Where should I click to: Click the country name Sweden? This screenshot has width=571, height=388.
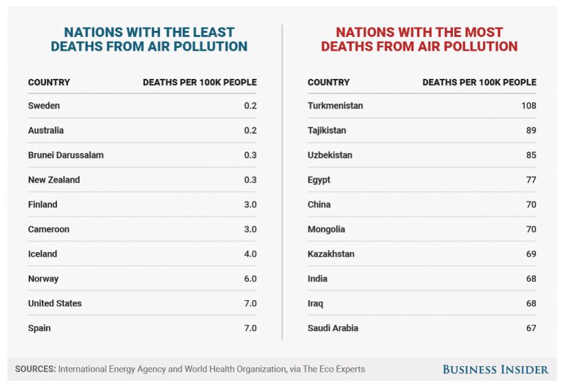click(x=44, y=106)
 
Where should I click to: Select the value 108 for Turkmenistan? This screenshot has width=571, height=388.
click(x=528, y=106)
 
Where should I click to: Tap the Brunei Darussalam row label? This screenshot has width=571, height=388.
click(x=66, y=155)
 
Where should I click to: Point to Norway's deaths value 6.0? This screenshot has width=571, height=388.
click(x=250, y=279)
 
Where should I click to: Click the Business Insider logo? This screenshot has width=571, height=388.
click(x=495, y=369)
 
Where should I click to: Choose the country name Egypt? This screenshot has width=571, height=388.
click(x=319, y=180)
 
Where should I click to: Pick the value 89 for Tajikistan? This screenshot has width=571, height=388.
click(x=530, y=130)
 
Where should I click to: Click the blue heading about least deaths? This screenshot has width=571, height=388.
click(x=149, y=40)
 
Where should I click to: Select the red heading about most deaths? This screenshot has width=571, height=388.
click(x=419, y=40)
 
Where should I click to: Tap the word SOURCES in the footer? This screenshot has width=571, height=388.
click(x=35, y=369)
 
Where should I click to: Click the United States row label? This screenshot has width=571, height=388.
click(x=55, y=304)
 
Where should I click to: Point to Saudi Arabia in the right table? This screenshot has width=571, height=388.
click(x=333, y=328)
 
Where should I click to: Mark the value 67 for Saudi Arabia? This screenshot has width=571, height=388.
click(x=530, y=328)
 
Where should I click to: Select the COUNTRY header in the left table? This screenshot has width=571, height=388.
click(x=49, y=82)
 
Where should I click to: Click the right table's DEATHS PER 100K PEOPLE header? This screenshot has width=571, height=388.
click(x=479, y=82)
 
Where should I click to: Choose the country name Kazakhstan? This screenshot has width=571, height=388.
click(x=331, y=254)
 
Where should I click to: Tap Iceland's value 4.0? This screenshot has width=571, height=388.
click(x=250, y=254)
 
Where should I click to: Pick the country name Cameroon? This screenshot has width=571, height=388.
click(x=49, y=229)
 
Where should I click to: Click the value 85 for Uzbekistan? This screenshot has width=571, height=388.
click(x=530, y=155)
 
